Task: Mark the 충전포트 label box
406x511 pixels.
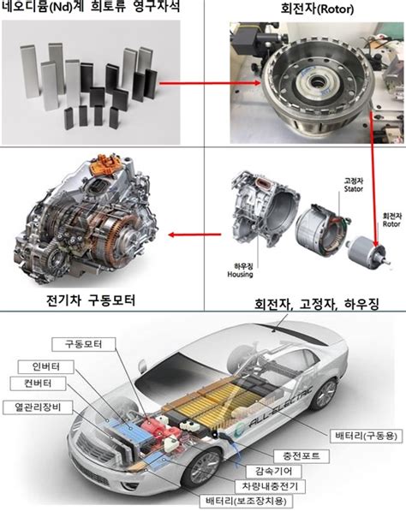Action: click(x=300, y=456)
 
